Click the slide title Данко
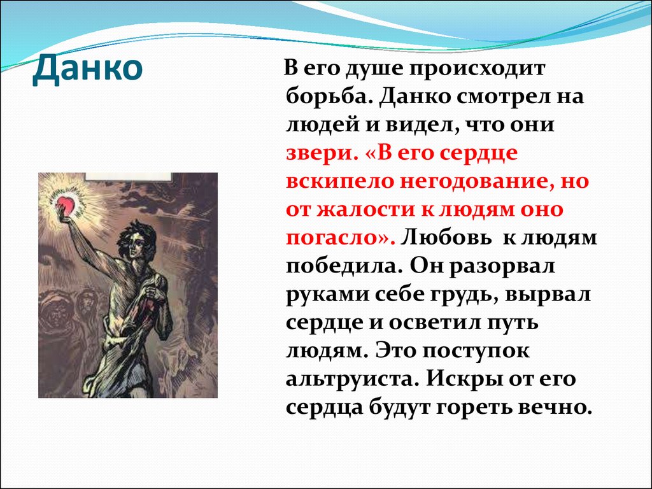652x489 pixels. coord(87,69)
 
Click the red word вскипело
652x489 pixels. coord(339,181)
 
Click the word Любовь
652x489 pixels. coord(446,237)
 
